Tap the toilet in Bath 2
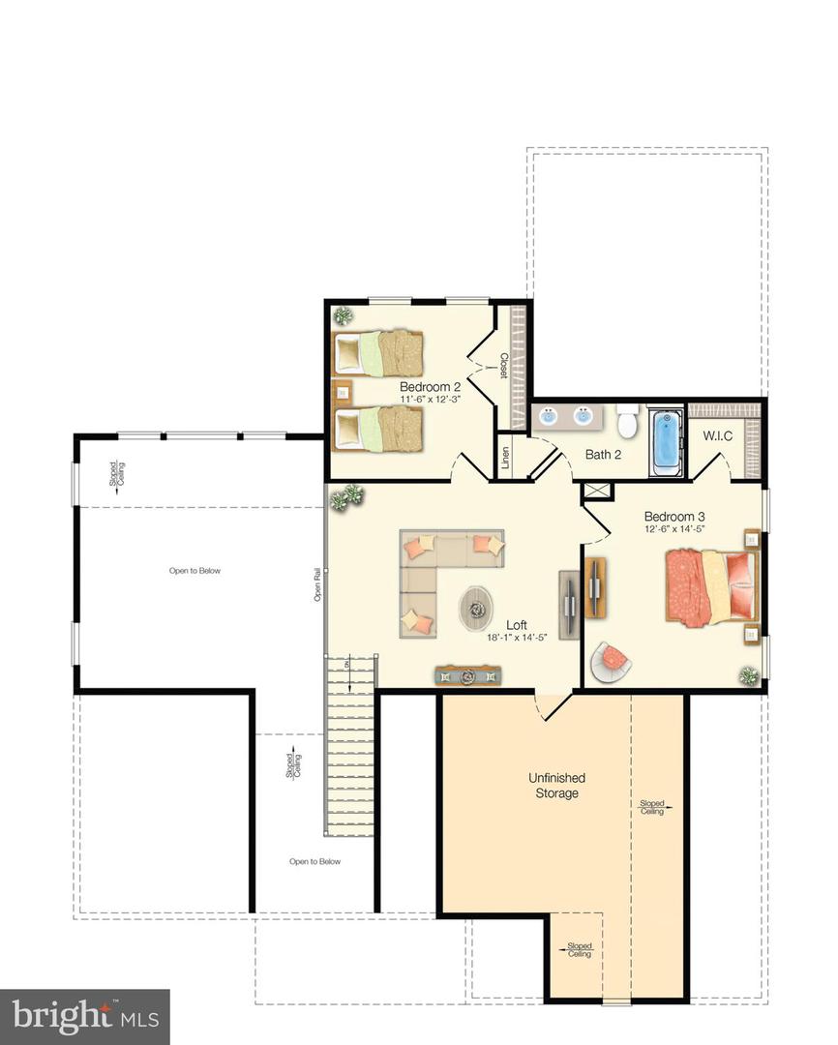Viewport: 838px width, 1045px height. (x=627, y=422)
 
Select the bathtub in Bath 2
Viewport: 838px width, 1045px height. (x=667, y=442)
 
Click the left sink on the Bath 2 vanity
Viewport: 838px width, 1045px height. (x=549, y=417)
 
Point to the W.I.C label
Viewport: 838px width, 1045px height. (x=718, y=435)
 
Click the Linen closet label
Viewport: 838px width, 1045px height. (x=506, y=457)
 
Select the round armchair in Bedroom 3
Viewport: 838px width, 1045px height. (x=612, y=661)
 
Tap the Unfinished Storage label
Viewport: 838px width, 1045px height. (x=556, y=785)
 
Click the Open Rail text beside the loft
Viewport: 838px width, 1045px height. (x=317, y=585)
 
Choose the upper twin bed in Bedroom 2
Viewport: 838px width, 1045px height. (x=378, y=353)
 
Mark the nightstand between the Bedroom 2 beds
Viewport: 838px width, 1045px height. (x=341, y=393)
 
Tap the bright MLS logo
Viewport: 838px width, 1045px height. (x=84, y=1016)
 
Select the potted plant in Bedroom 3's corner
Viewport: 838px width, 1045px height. (x=748, y=675)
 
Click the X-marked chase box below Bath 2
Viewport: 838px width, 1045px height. (x=597, y=492)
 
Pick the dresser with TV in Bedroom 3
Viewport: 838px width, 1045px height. (x=594, y=586)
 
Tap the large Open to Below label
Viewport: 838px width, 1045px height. (x=195, y=571)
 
